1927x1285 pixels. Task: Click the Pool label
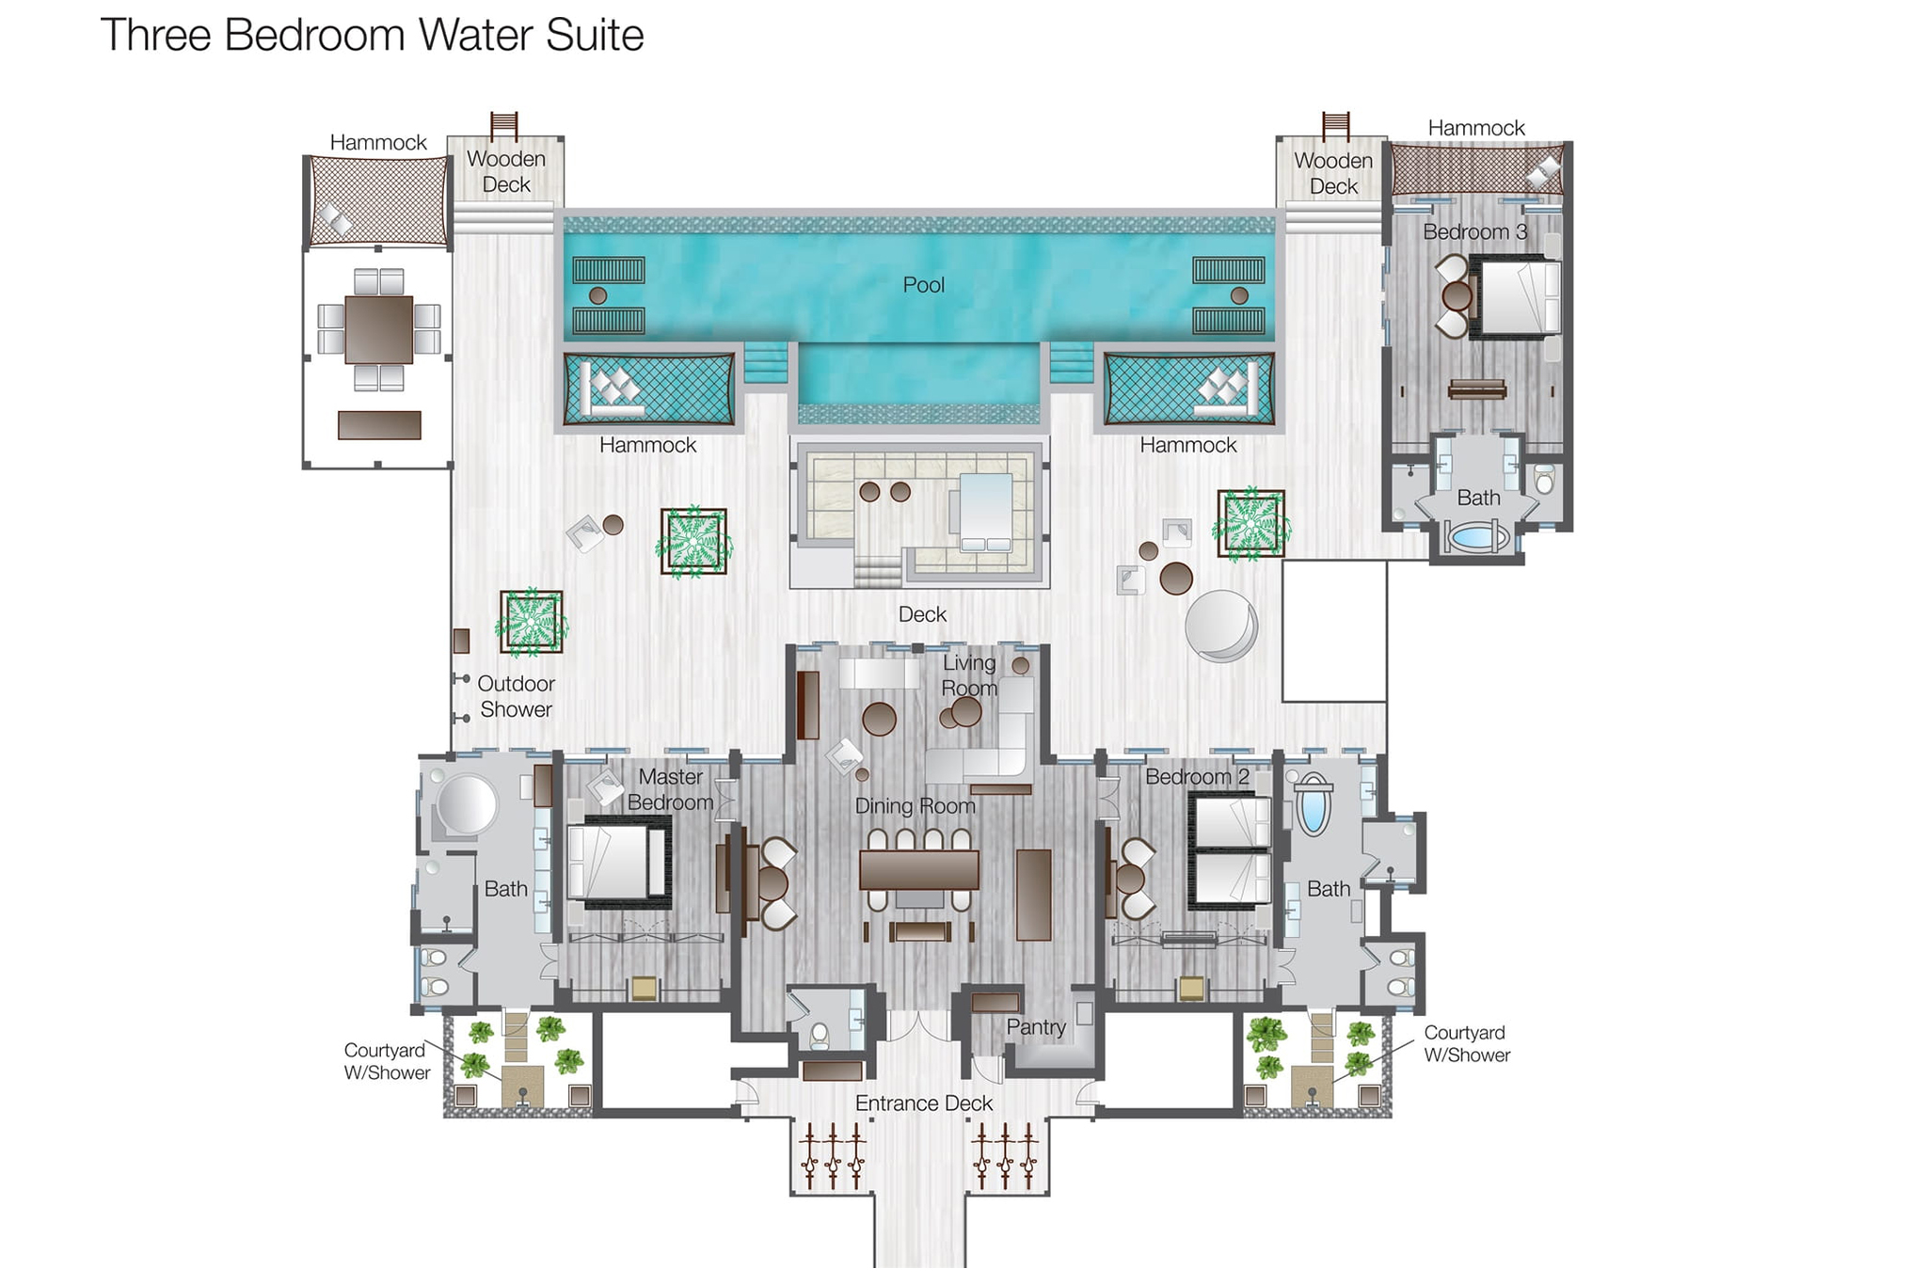923,285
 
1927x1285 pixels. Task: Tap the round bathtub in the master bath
466,805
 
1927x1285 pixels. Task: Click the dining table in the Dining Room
918,869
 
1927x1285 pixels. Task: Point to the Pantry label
1035,1027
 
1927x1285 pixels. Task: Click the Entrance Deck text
923,1103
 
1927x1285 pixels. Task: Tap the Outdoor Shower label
516,697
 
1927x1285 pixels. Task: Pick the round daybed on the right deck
1220,625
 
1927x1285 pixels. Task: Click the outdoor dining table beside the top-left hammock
378,329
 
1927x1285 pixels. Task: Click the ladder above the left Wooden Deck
504,125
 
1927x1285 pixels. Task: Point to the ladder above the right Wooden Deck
1335,125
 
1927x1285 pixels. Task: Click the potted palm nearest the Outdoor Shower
532,623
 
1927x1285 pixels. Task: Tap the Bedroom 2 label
1196,777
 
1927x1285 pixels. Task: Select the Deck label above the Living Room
922,614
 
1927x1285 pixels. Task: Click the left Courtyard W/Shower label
387,1061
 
